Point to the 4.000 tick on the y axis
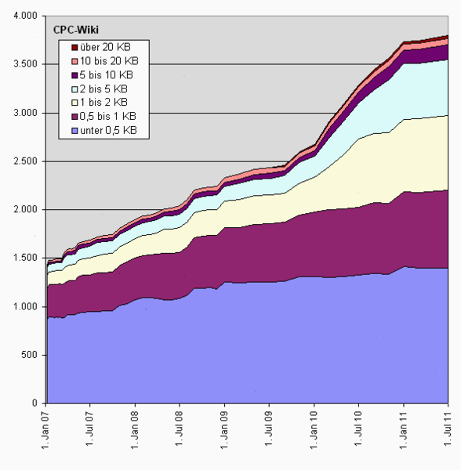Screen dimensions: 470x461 click(25, 16)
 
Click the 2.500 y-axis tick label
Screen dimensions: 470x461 click(25, 161)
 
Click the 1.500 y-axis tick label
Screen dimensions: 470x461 click(25, 258)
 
